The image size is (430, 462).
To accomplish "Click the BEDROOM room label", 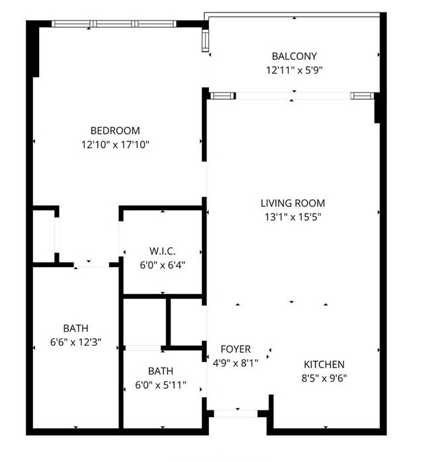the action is point(115,130).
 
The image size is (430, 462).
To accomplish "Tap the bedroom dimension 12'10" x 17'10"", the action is point(115,145).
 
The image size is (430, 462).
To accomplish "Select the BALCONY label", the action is point(294,56).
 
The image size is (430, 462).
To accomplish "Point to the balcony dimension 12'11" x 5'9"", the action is point(294,71).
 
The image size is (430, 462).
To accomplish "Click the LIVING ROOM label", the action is point(293,203).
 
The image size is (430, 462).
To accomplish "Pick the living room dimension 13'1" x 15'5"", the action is point(293,217).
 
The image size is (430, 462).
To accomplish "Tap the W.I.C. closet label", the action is point(163,251).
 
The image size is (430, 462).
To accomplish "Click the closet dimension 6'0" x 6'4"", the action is point(163,265).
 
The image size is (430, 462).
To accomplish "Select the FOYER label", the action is point(236,349).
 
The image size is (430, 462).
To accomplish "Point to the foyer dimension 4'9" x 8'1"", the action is point(236,363).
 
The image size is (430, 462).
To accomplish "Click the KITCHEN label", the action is point(324,364).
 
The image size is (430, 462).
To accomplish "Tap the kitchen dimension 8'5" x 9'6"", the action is point(324,378).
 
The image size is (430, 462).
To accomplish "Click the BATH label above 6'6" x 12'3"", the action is point(76,328).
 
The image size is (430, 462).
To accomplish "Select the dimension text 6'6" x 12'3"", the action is point(76,342).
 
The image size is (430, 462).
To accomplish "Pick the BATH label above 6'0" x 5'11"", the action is point(161,371).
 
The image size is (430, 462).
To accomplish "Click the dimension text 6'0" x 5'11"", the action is point(161,385).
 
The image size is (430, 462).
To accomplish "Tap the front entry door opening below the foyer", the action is point(236,413).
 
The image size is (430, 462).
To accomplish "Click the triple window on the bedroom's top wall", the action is point(114,24).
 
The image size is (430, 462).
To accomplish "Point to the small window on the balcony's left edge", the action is point(205,41).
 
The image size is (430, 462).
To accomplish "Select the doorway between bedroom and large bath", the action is point(91,264).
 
